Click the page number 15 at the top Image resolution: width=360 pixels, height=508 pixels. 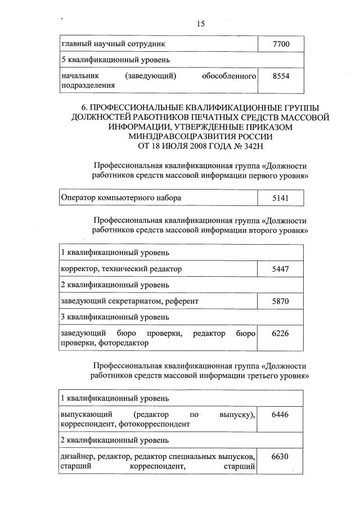(x=201, y=24)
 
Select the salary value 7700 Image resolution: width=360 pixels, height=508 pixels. (x=280, y=43)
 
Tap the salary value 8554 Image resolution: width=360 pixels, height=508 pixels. (x=280, y=77)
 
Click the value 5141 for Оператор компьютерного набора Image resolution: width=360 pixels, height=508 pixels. (x=280, y=197)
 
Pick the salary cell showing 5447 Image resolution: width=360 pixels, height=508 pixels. (x=280, y=269)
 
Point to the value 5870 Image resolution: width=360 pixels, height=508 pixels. (x=280, y=301)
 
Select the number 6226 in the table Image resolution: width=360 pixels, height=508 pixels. (x=280, y=334)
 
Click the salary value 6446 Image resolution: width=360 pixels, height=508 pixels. (x=280, y=415)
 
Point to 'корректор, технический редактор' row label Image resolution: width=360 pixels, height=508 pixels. (x=121, y=269)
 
